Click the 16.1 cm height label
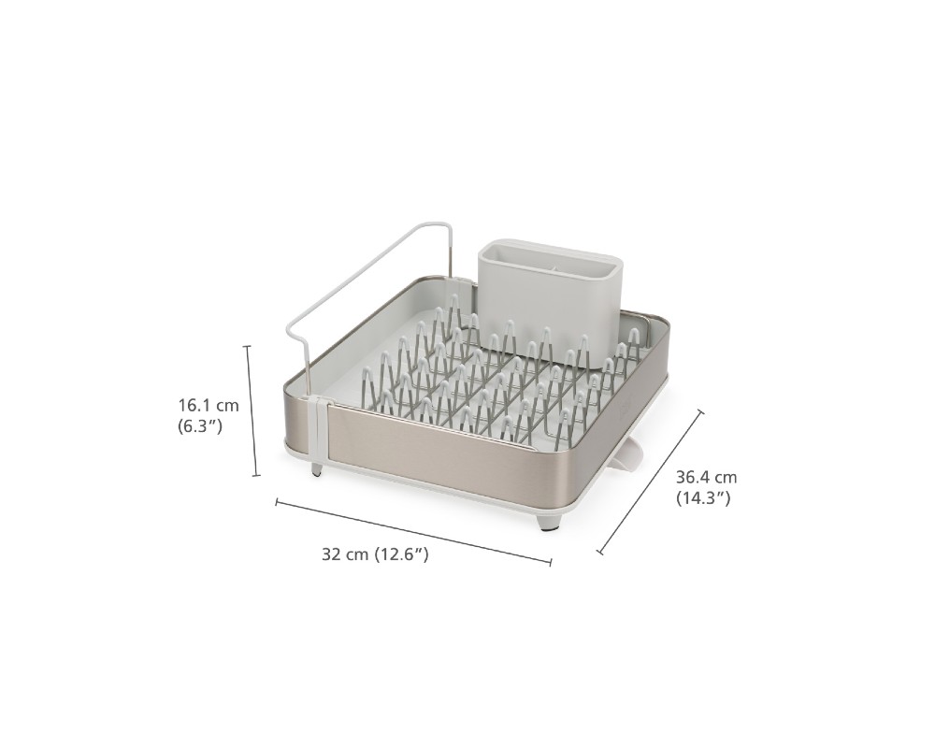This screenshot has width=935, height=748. [x=209, y=406]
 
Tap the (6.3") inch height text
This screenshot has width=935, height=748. [x=200, y=426]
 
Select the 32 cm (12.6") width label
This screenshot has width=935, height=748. [x=375, y=554]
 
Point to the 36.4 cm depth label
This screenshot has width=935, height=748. [x=706, y=477]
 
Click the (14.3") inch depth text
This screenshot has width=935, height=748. [x=703, y=498]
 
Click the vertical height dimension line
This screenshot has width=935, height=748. [x=252, y=410]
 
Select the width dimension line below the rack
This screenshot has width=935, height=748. [x=413, y=531]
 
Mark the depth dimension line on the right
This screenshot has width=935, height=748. [x=651, y=482]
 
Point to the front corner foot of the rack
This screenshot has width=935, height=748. [x=548, y=523]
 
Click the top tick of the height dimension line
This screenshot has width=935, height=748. [x=248, y=345]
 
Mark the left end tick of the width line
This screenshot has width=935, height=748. [x=276, y=502]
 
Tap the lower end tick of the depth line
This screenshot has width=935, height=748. [x=600, y=553]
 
